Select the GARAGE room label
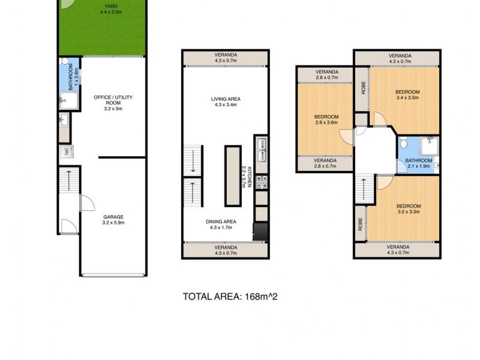[113, 217]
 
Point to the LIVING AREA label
[226, 100]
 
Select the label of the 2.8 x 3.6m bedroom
[326, 116]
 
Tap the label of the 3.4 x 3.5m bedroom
[407, 92]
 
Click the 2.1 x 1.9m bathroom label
[418, 161]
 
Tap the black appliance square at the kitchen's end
[260, 232]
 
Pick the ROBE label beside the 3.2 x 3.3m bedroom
[360, 224]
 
